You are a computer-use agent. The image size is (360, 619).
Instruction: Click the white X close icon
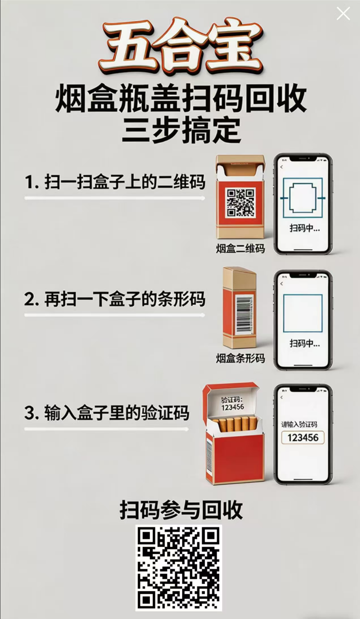[x=343, y=14]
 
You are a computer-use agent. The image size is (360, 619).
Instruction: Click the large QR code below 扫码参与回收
[x=179, y=568]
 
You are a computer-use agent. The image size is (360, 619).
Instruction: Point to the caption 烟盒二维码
[x=240, y=248]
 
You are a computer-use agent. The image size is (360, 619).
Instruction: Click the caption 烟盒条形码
[x=240, y=358]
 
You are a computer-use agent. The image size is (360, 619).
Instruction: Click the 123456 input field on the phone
[x=303, y=437]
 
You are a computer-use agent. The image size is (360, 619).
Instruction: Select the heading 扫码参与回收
[x=181, y=510]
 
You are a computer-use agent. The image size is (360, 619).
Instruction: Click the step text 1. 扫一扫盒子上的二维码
[x=115, y=183]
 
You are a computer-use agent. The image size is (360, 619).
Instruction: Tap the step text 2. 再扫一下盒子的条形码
[x=115, y=299]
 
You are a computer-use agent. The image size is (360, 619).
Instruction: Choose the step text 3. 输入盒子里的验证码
[x=107, y=413]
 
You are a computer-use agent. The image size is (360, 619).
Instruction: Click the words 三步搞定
[x=181, y=131]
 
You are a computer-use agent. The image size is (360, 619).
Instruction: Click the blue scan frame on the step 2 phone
[x=303, y=313]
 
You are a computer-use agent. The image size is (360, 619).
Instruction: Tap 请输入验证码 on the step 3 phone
[x=299, y=424]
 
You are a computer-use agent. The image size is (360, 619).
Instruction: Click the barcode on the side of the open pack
[x=209, y=456]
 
